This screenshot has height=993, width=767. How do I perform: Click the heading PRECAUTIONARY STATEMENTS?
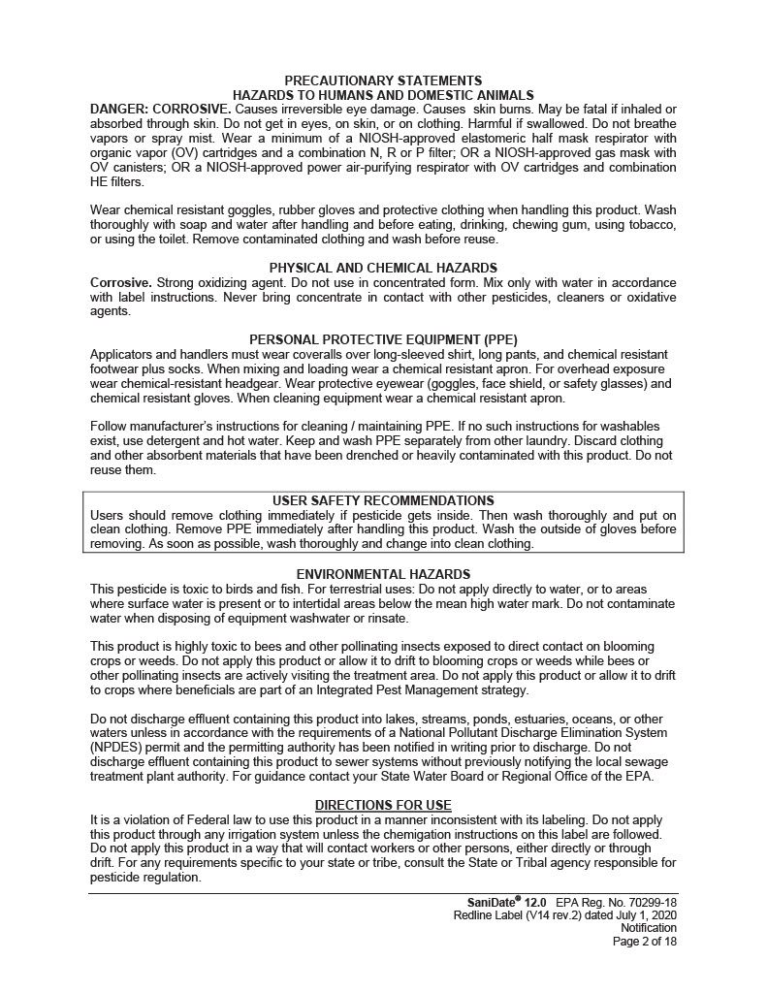click(383, 80)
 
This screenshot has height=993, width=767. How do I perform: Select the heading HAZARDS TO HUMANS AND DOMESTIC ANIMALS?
click(383, 94)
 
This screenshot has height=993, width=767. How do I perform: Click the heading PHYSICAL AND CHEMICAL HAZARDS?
click(383, 267)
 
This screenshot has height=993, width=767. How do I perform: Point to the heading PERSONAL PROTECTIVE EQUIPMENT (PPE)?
click(383, 339)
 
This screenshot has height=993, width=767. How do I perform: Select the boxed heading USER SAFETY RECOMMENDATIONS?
click(383, 500)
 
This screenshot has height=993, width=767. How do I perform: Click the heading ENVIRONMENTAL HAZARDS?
click(383, 574)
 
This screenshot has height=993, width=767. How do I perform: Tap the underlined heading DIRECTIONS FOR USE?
click(383, 806)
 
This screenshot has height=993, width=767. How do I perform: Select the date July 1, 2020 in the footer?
click(645, 915)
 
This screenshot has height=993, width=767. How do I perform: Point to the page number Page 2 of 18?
click(644, 941)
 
